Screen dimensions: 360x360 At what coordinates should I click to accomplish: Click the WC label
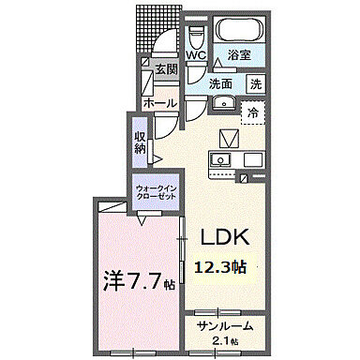coord(196,55)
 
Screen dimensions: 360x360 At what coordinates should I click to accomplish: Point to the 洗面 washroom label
coord(220,83)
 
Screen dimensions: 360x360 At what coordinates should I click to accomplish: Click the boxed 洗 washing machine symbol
coord(256,83)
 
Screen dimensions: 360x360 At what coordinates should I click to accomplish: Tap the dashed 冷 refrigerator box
coord(253,112)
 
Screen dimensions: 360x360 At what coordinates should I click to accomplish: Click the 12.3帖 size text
coord(220,268)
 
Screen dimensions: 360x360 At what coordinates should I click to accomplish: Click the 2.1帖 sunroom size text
coord(224,340)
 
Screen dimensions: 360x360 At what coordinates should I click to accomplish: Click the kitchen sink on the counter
coord(221,159)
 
